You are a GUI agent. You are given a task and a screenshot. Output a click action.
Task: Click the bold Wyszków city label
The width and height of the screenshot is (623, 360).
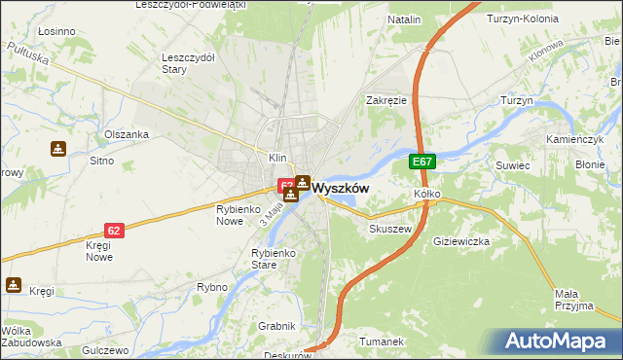point(340,189)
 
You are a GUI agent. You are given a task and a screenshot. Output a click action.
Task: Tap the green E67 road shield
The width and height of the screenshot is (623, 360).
point(421,162)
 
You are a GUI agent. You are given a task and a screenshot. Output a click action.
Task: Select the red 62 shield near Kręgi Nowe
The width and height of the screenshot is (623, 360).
point(115,231)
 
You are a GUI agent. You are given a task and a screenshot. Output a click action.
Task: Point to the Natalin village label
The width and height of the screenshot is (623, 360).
point(404,19)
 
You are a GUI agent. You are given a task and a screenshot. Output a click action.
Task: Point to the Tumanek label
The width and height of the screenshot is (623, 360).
point(381,342)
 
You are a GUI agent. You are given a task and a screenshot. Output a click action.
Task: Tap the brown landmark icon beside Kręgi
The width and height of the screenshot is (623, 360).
point(14,285)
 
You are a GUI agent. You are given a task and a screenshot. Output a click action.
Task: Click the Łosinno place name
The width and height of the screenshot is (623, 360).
point(56,31)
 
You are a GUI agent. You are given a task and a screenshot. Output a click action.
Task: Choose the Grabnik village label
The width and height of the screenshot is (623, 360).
point(275,325)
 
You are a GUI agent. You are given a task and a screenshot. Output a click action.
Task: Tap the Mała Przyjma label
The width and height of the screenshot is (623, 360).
point(572,299)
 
